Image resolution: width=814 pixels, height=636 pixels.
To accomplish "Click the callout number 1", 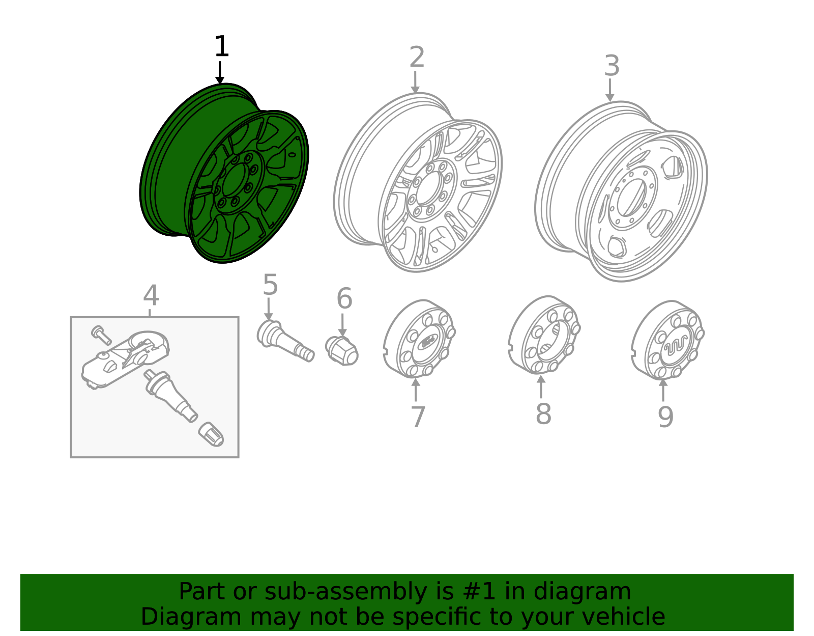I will (x=221, y=47).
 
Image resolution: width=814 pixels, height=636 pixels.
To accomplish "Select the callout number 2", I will (x=417, y=58).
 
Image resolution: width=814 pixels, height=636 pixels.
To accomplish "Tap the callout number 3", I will (x=612, y=66).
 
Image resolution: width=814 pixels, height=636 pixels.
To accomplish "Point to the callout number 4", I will (x=151, y=296).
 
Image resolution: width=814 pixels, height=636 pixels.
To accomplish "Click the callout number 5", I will (x=270, y=285).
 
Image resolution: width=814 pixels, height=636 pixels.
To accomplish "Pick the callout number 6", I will (x=344, y=299).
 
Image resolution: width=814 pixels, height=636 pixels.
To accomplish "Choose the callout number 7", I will (x=417, y=417).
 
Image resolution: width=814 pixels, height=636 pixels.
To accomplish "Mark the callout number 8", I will (x=543, y=414).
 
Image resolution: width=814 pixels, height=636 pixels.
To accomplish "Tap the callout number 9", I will (x=665, y=417).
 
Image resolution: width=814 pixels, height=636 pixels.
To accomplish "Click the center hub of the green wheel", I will (x=234, y=181).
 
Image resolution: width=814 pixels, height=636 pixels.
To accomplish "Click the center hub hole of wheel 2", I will (x=428, y=189).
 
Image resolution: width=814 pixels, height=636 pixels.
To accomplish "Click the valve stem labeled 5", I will (x=285, y=341).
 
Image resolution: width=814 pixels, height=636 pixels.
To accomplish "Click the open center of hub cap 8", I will (x=550, y=338).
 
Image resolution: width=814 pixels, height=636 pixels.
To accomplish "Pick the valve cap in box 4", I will (x=211, y=434).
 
